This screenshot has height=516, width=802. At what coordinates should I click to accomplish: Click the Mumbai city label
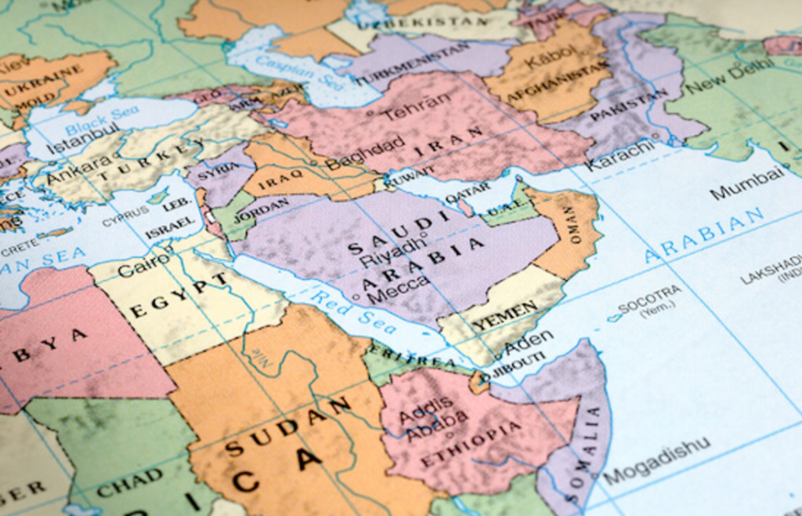tap(746, 183)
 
